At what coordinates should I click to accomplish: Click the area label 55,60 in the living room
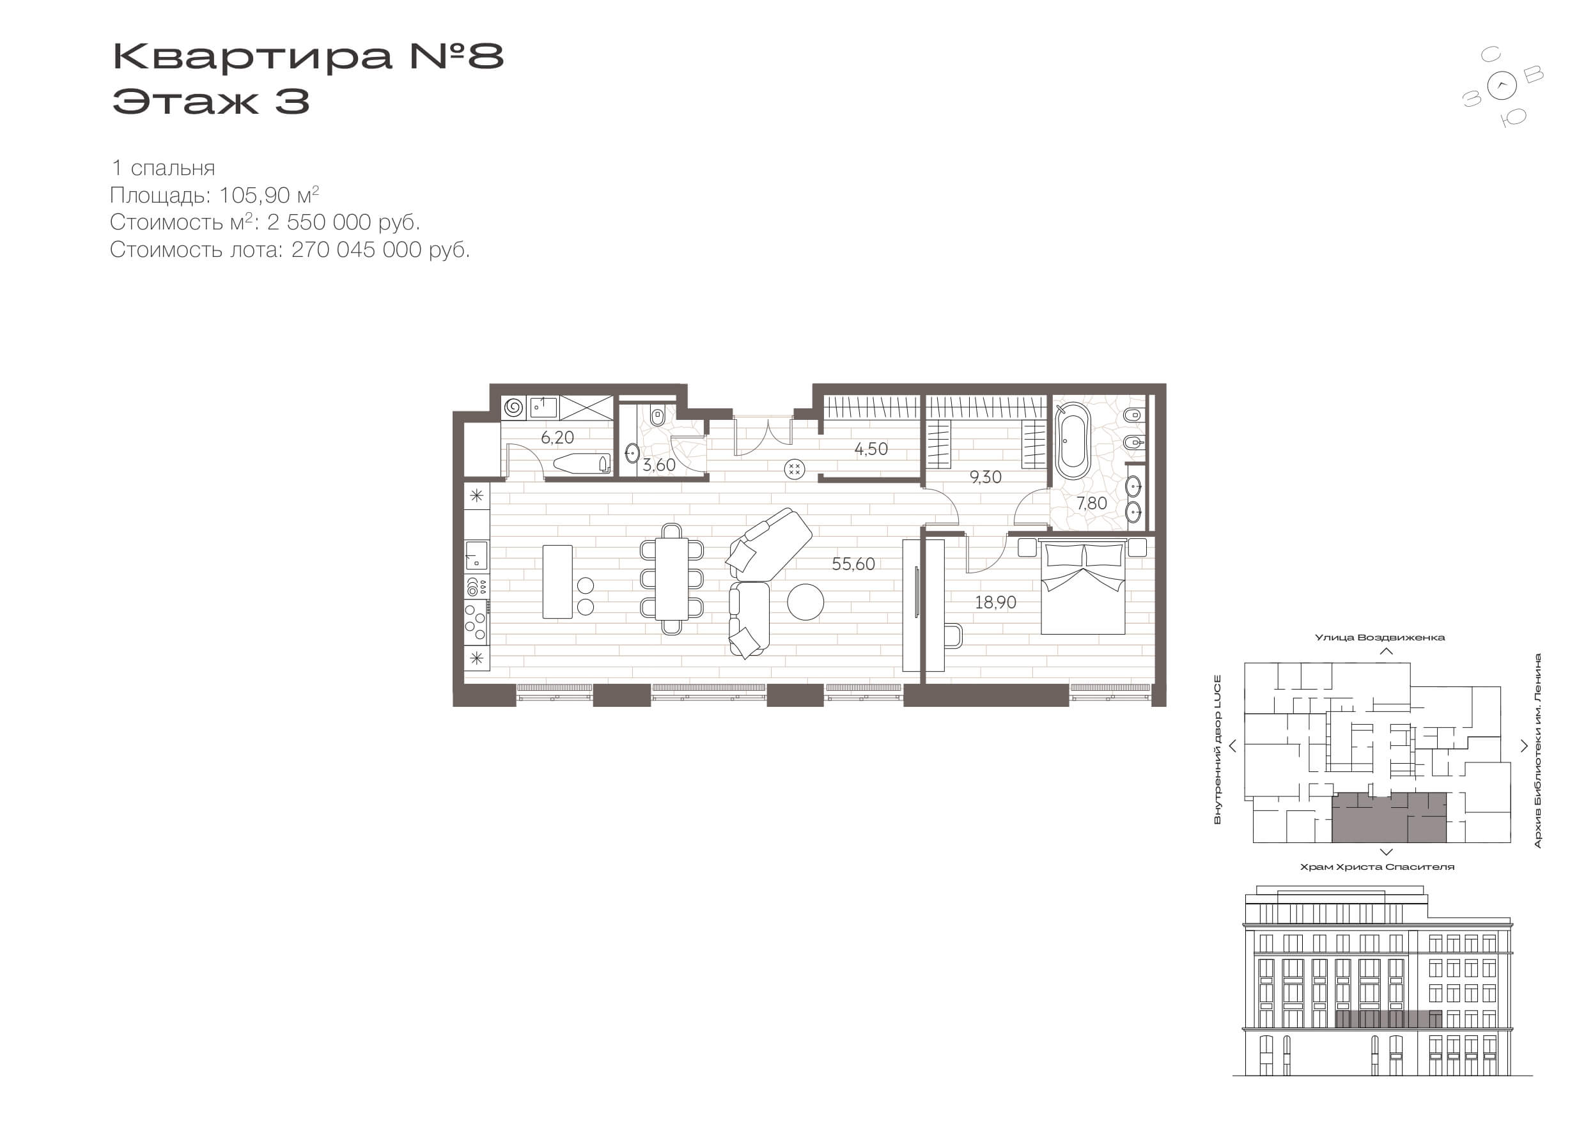pyautogui.click(x=853, y=564)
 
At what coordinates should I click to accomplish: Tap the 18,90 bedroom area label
pyautogui.click(x=995, y=602)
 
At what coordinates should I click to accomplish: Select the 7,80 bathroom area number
pyautogui.click(x=1091, y=504)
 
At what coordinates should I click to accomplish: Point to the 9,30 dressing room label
pyautogui.click(x=985, y=477)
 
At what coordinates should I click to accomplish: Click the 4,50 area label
pyautogui.click(x=871, y=449)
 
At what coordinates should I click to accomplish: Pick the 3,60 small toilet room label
pyautogui.click(x=659, y=465)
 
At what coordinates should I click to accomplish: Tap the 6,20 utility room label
pyautogui.click(x=557, y=437)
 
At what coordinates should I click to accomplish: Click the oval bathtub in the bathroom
pyautogui.click(x=1073, y=440)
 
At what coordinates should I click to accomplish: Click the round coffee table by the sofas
pyautogui.click(x=805, y=601)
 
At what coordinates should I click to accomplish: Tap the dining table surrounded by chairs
pyautogui.click(x=671, y=579)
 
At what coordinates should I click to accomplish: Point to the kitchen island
pyautogui.click(x=557, y=582)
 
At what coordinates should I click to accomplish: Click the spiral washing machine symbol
pyautogui.click(x=513, y=408)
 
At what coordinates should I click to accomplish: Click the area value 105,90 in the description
pyautogui.click(x=254, y=196)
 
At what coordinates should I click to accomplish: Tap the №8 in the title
pyautogui.click(x=456, y=56)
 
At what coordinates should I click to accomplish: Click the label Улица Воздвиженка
pyautogui.click(x=1380, y=637)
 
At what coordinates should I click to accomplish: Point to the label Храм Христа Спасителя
pyautogui.click(x=1377, y=867)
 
